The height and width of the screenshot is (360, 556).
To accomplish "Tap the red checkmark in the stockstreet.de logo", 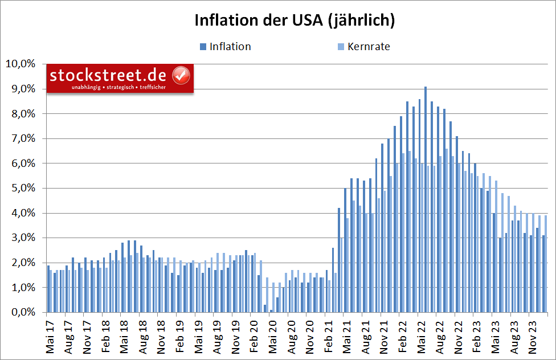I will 182,75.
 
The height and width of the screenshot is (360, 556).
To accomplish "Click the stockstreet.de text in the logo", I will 108,75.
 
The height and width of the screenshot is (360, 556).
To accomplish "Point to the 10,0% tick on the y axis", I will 20,64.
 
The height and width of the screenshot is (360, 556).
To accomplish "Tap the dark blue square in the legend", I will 203,47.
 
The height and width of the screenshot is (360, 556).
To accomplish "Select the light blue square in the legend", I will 341,47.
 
